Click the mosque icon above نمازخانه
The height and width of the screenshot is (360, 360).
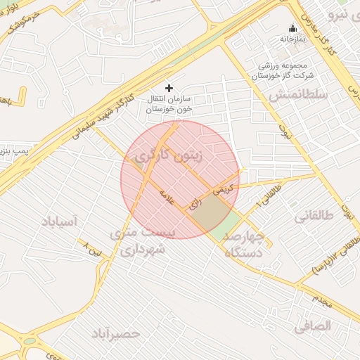coord(292,29)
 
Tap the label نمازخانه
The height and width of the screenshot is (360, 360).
coord(292,39)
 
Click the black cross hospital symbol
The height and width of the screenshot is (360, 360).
coord(168,88)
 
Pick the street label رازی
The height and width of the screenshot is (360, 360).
coord(195,203)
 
